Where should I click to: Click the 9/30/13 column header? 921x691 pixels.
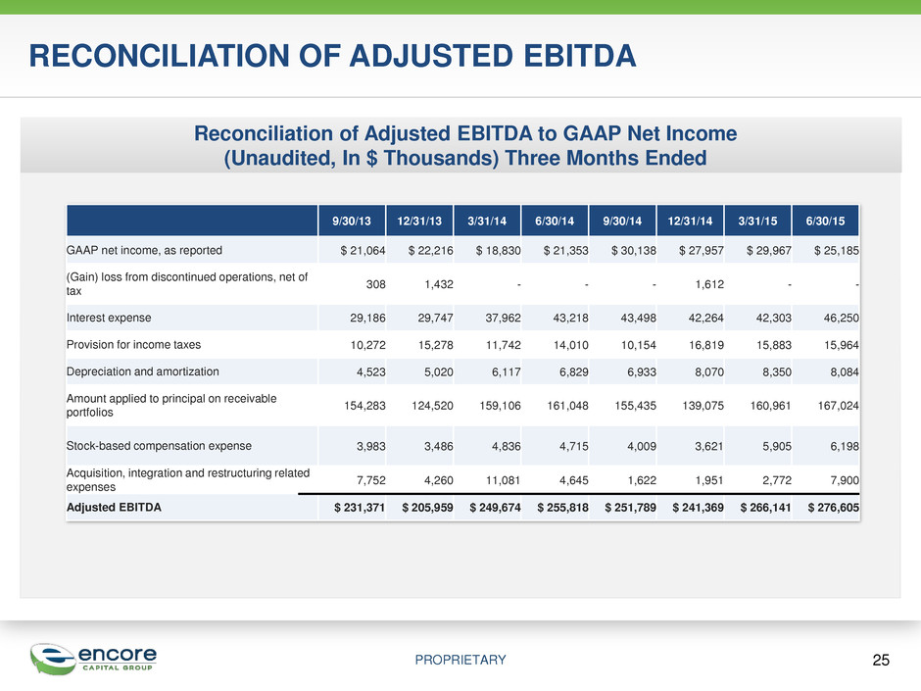[351, 221]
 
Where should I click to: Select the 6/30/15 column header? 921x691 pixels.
[825, 221]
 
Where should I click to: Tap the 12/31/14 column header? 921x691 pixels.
[690, 221]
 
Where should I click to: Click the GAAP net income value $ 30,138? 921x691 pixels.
[633, 250]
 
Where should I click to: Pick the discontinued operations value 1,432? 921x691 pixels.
[439, 284]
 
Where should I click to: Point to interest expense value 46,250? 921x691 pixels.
[841, 318]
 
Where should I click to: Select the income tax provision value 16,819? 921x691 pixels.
[706, 345]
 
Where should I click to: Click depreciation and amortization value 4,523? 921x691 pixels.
[370, 371]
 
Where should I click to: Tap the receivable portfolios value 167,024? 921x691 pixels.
[838, 406]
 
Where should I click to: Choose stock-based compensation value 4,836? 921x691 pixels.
[507, 446]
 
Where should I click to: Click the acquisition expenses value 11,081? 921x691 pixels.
[503, 480]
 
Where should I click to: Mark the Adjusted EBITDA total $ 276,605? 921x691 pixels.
[834, 508]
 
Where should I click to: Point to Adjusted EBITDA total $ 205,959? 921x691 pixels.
[427, 508]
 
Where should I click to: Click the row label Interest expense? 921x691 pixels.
[109, 318]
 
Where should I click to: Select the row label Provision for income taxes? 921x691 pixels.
[133, 345]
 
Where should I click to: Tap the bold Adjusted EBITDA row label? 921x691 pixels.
[114, 507]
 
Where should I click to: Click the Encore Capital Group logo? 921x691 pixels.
[94, 659]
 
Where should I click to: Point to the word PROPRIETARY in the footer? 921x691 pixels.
[460, 660]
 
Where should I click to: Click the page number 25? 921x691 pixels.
[881, 660]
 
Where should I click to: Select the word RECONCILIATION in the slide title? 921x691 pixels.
[160, 56]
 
